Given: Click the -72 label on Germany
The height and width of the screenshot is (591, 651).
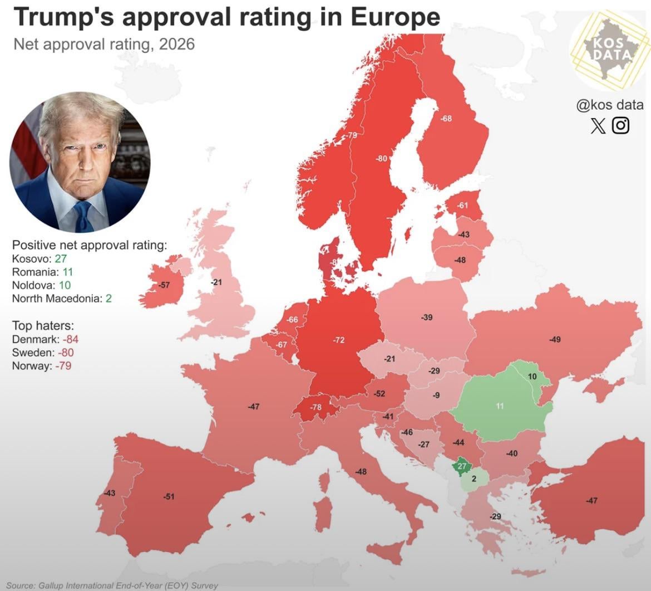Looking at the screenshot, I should coord(339,340).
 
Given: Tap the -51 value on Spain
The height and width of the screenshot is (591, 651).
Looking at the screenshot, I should coord(169,496).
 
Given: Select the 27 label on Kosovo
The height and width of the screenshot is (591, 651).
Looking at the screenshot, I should coord(462,467).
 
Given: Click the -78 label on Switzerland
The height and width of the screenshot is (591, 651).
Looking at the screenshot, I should coord(315,407).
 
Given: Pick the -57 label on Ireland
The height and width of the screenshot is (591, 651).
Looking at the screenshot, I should coord(164,285).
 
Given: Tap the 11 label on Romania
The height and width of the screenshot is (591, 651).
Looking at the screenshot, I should coord(500,406).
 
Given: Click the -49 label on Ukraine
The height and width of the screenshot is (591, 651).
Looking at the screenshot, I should coord(555,339).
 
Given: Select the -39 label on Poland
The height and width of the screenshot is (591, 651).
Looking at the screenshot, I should coord(426,318).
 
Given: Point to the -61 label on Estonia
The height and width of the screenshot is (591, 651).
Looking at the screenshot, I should coord(462,206).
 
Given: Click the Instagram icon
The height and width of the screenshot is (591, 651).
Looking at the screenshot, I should coord(620,125).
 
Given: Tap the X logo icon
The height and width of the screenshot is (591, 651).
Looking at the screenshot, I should coord(598,125).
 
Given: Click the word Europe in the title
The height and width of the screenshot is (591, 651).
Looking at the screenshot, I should coord(396,17).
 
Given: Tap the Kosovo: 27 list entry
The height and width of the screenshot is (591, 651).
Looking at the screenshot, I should coord(40,258).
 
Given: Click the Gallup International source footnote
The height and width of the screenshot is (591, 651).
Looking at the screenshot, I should coord(112,585).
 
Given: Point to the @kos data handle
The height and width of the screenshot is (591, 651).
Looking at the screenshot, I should coord(609,105).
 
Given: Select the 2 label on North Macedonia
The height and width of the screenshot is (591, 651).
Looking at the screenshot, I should coord(474,478).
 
